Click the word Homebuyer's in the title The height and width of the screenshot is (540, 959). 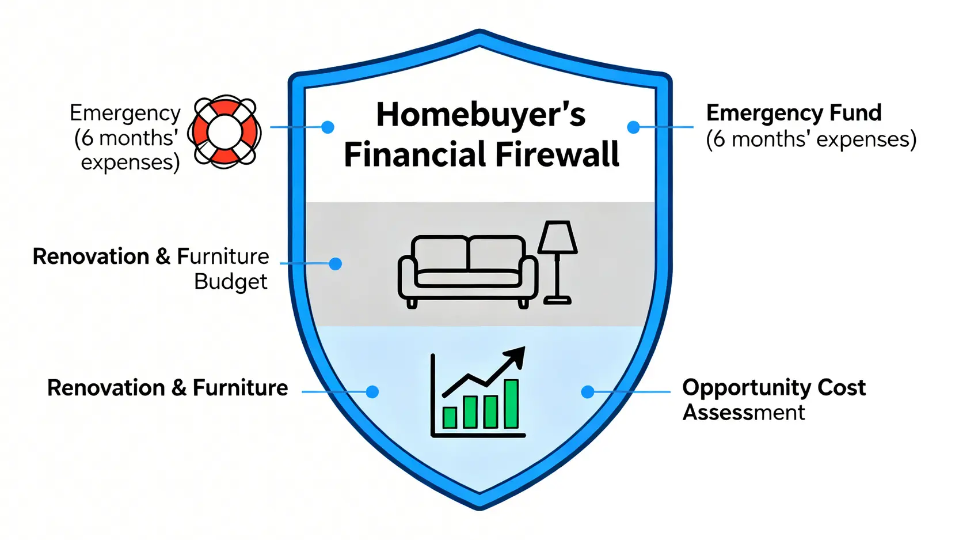point(481,115)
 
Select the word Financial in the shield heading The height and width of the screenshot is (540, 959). point(414,154)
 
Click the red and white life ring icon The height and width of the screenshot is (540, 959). point(224,132)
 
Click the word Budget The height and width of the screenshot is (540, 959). point(231,282)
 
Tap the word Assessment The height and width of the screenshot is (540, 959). point(744,413)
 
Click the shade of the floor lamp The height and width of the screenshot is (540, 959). point(557,237)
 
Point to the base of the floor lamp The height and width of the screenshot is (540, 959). point(557,300)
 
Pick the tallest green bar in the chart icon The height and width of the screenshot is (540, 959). point(511,403)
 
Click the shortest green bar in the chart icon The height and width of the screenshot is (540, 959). point(450,417)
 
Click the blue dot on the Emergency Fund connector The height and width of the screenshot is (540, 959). point(633,127)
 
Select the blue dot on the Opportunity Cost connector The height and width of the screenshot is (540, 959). point(588,392)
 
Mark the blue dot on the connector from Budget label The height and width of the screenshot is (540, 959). point(336,263)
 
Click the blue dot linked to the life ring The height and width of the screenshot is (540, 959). point(328,127)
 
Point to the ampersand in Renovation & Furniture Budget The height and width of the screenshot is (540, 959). point(163,256)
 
